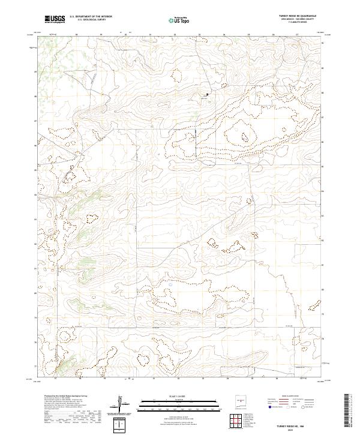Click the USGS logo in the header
click(x=55, y=20)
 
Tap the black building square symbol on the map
click(x=208, y=94)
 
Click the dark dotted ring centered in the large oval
click(x=245, y=137)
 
